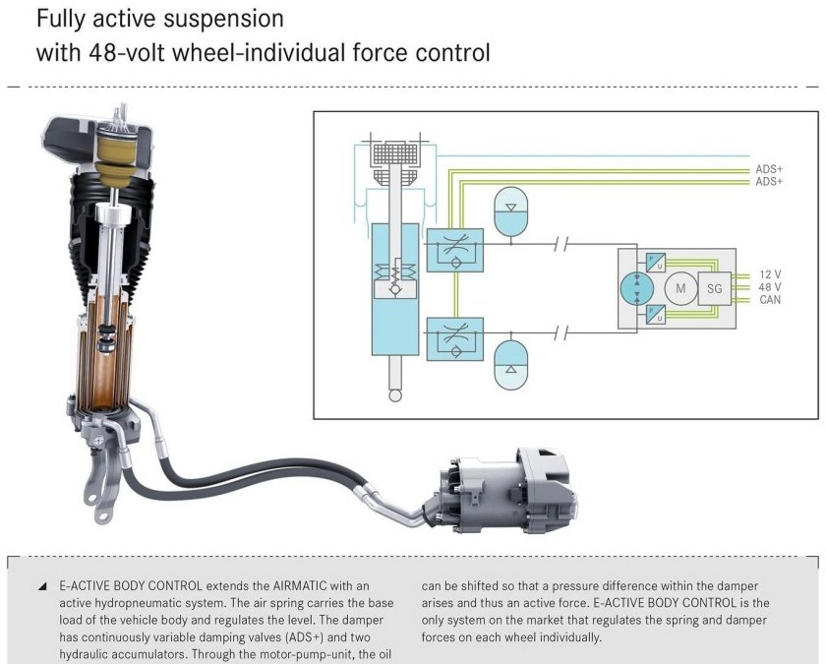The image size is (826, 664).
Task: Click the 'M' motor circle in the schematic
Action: coord(678,287)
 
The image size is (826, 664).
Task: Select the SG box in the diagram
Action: coord(715,287)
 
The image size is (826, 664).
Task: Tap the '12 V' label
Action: coord(770,274)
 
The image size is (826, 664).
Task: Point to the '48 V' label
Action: coord(770,286)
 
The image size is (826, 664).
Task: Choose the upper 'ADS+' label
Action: coord(769,169)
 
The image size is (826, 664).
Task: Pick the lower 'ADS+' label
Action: coord(769,182)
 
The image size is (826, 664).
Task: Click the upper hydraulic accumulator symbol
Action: coord(511,212)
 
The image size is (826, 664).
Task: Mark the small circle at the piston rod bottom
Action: coord(396,395)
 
